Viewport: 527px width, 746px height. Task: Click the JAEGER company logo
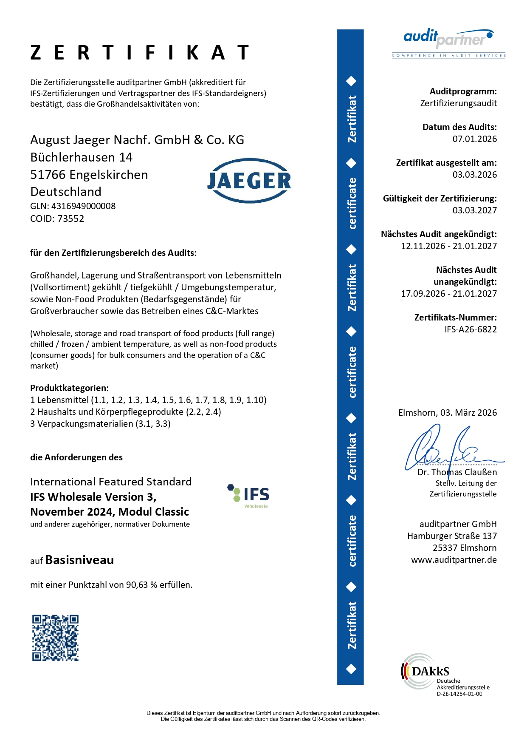point(249,181)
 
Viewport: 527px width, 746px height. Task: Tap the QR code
point(55,638)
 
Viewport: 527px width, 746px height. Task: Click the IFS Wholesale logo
point(249,496)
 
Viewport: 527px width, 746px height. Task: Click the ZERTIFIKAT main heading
point(140,53)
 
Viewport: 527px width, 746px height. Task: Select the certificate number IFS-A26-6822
point(471,329)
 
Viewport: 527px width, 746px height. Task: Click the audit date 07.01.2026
point(474,139)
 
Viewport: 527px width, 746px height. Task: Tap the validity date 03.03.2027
point(474,210)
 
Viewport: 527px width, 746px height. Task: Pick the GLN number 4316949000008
point(83,206)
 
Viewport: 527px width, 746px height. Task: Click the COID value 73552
point(70,219)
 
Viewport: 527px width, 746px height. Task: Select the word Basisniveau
point(79,560)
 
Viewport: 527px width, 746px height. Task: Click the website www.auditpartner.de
point(454,560)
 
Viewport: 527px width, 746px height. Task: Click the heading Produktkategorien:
point(69,388)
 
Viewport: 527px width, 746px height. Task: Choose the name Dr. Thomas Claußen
point(457,472)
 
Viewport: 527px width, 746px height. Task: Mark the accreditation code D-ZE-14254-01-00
point(459,694)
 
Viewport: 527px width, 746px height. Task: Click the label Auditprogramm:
point(463,91)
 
